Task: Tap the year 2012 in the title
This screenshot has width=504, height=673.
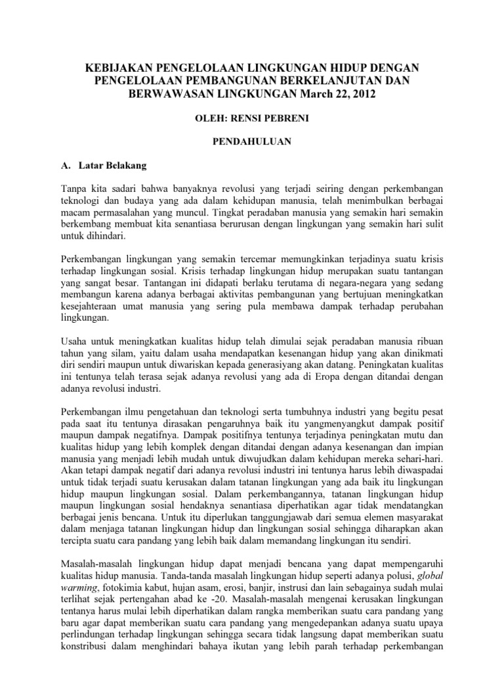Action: pyautogui.click(x=364, y=95)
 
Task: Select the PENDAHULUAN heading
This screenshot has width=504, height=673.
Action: pyautogui.click(x=251, y=141)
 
